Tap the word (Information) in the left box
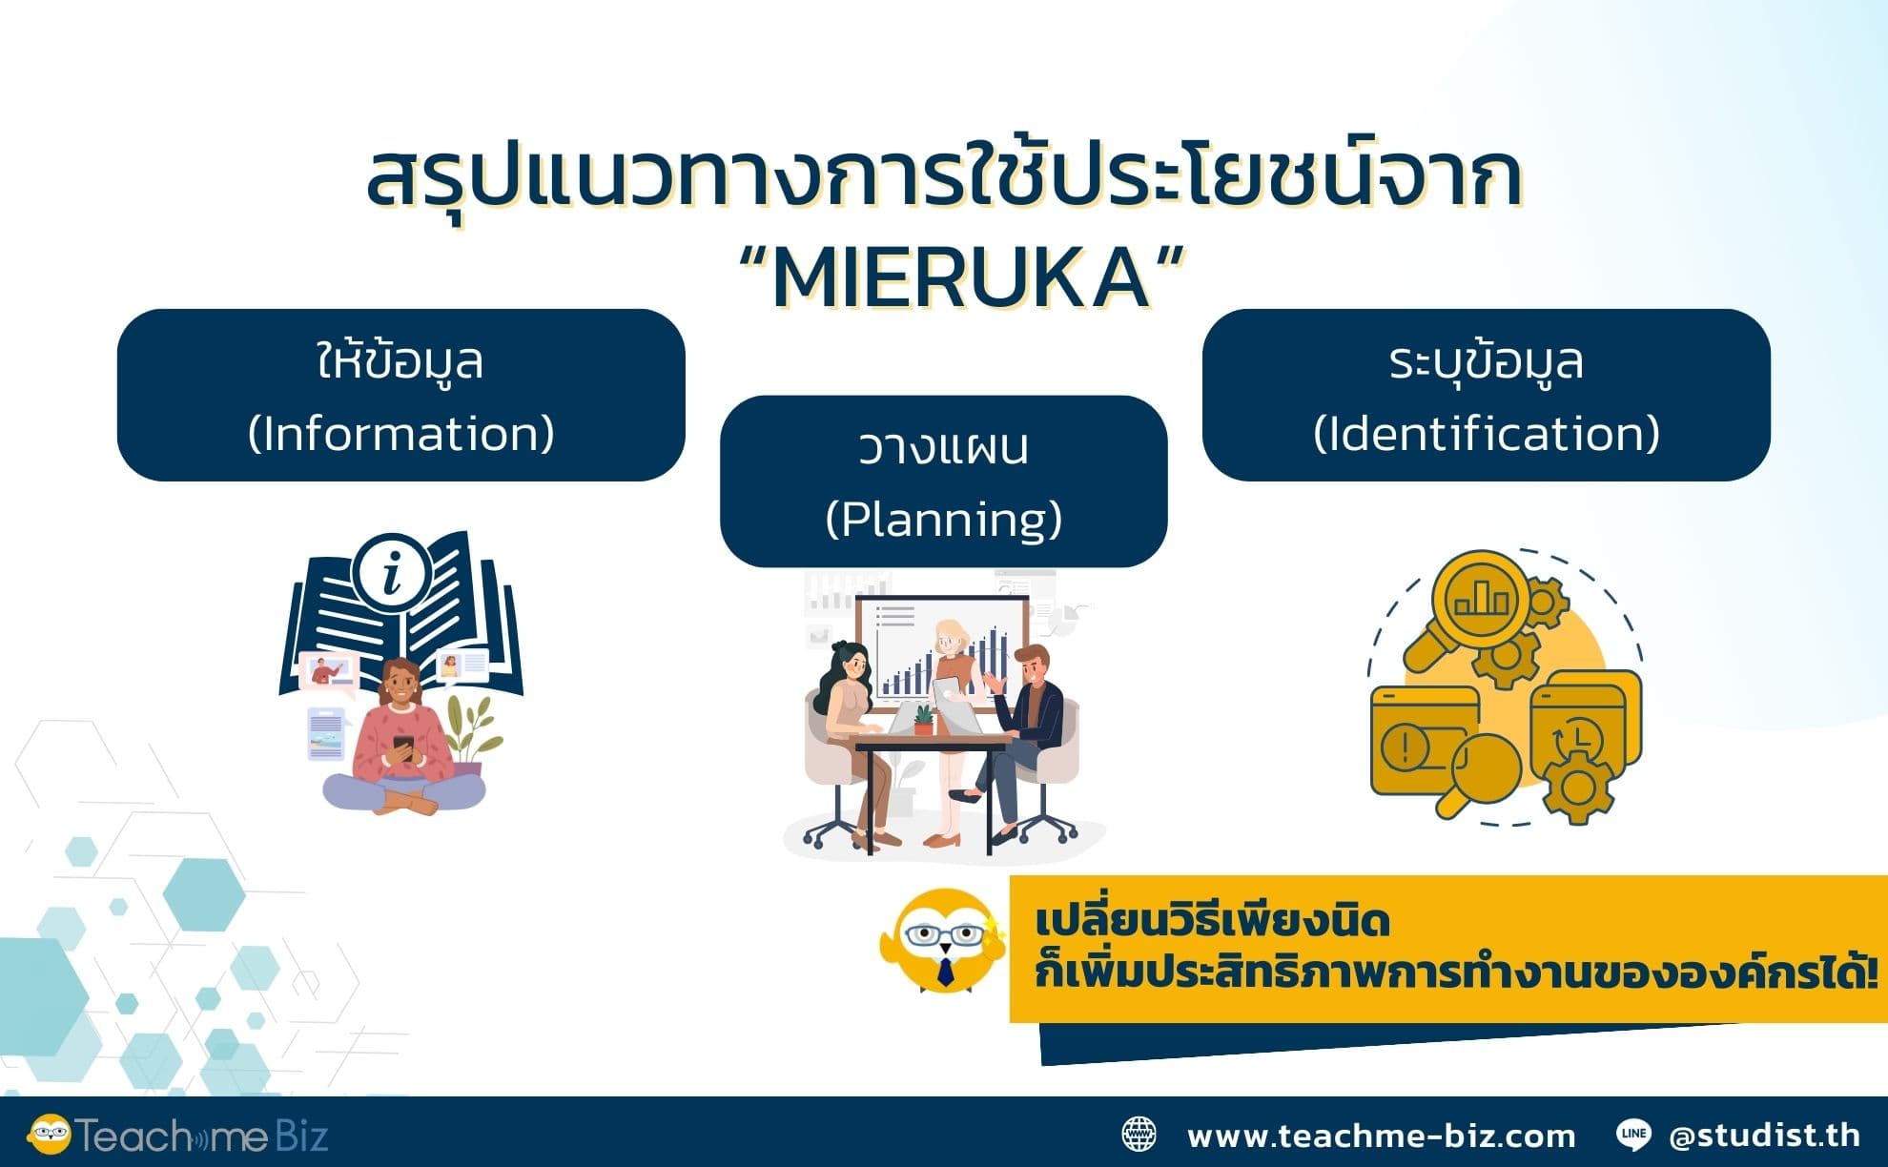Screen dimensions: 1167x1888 click(x=400, y=434)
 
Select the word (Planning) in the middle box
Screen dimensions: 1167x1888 click(x=943, y=520)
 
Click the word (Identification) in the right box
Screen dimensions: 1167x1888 click(x=1486, y=434)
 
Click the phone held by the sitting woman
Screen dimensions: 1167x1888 click(x=403, y=747)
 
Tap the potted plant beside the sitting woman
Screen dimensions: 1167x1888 click(x=470, y=733)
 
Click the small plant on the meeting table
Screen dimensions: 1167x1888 click(x=922, y=719)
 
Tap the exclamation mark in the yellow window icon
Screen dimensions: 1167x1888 click(x=1406, y=747)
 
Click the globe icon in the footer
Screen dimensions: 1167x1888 click(x=1139, y=1135)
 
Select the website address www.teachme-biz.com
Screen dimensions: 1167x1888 click(x=1381, y=1136)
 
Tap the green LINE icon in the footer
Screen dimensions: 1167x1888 click(x=1634, y=1135)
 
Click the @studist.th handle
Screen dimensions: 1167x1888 click(x=1764, y=1136)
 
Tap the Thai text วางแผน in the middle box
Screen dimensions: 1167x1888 click(x=943, y=449)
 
